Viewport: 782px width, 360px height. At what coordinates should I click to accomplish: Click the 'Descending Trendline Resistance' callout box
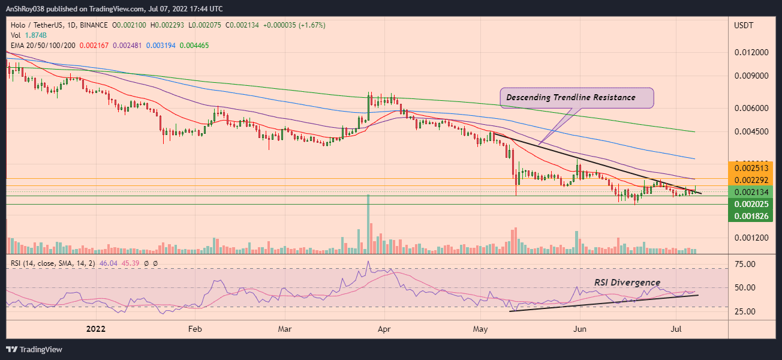tap(576, 98)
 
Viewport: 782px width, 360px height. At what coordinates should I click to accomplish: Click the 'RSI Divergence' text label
tap(627, 283)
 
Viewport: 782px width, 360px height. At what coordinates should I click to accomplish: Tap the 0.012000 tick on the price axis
tap(751, 53)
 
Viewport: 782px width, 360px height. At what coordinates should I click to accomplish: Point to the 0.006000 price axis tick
tap(751, 109)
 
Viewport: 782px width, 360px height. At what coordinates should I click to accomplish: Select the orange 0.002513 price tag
tap(751, 168)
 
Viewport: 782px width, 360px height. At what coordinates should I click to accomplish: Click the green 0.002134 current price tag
tap(751, 192)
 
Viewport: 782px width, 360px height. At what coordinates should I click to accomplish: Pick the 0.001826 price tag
tap(751, 215)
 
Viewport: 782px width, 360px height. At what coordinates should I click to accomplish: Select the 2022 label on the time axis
tap(97, 329)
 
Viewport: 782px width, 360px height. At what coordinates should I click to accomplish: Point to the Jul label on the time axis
tap(676, 329)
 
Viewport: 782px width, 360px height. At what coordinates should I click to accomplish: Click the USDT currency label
tap(744, 25)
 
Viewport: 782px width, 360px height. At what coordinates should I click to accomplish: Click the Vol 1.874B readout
tap(25, 35)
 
